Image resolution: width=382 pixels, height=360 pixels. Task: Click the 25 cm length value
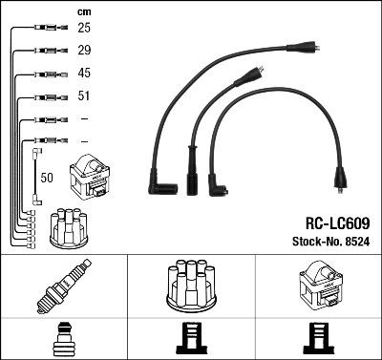pyautogui.click(x=84, y=28)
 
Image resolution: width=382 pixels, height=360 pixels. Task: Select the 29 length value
pyautogui.click(x=84, y=49)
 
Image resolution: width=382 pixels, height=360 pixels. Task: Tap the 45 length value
pyautogui.click(x=84, y=74)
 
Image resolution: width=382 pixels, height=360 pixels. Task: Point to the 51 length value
pyautogui.click(x=84, y=96)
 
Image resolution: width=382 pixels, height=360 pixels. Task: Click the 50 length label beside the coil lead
pyautogui.click(x=48, y=177)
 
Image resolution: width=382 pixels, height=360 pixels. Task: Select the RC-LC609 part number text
pyautogui.click(x=338, y=222)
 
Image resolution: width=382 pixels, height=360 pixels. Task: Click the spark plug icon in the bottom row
pyautogui.click(x=63, y=286)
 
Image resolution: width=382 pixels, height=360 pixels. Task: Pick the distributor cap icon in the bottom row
pyautogui.click(x=191, y=286)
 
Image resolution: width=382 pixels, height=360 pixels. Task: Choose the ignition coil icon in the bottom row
pyautogui.click(x=317, y=286)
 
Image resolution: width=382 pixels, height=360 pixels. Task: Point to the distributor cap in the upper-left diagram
pyautogui.click(x=69, y=227)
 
